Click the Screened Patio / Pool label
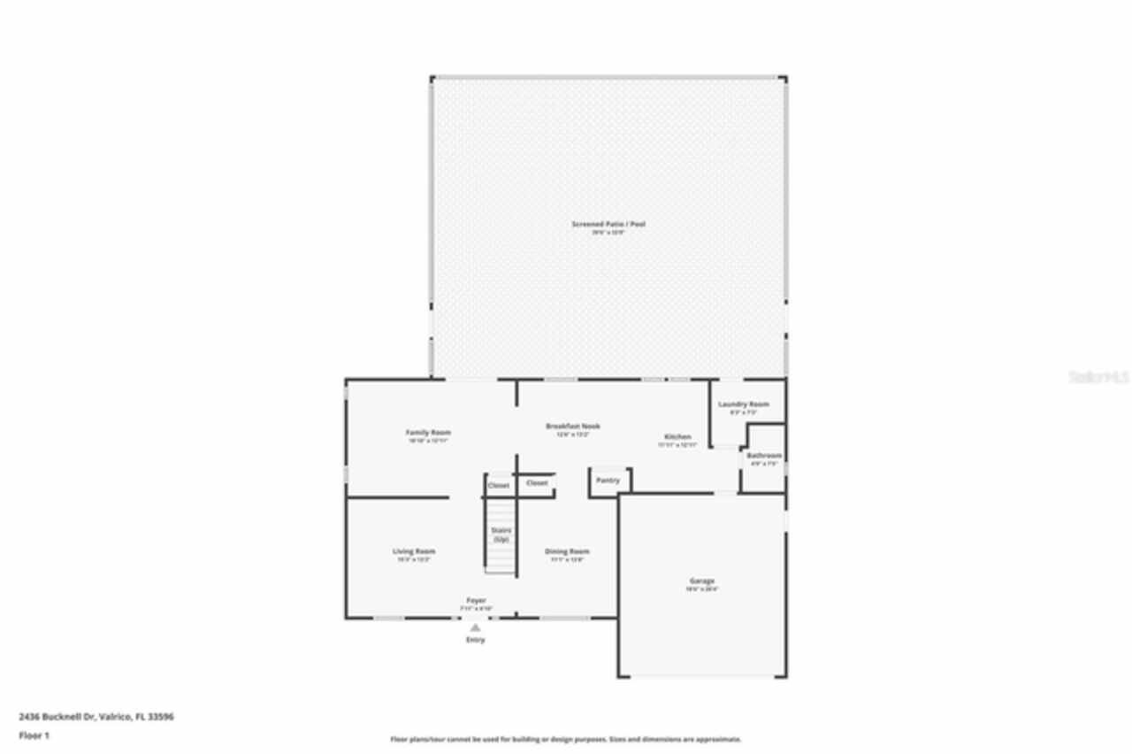click(608, 225)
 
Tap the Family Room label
click(428, 433)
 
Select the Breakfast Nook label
click(572, 427)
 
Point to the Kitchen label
click(677, 438)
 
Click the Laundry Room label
click(743, 404)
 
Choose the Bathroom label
click(763, 456)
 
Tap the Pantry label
click(608, 481)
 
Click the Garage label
click(702, 581)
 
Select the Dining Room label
click(566, 551)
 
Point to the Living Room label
click(414, 551)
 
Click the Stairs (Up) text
click(501, 535)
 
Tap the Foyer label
click(476, 601)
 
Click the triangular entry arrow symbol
click(475, 627)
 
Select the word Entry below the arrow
click(475, 640)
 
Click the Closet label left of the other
click(498, 486)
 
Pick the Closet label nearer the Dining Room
click(537, 483)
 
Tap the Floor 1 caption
click(34, 735)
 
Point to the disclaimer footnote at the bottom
click(566, 739)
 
